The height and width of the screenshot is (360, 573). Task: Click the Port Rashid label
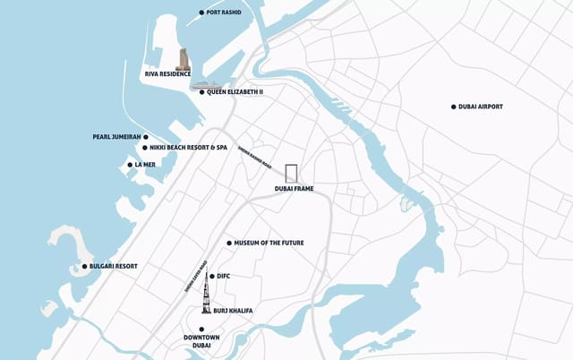226,13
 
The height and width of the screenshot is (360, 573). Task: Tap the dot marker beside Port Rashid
201,13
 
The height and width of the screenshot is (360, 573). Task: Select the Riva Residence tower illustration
184,59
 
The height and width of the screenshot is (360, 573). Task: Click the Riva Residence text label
167,74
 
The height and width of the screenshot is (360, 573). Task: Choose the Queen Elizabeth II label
235,91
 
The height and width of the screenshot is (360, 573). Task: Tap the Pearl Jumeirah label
119,137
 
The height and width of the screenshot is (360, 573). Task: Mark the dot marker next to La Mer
130,165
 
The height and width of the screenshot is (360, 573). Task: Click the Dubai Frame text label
294,189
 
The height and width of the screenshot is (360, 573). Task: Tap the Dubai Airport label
481,107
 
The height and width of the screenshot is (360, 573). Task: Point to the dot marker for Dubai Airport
454,107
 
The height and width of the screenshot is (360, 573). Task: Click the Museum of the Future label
271,243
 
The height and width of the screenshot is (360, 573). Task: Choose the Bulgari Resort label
114,266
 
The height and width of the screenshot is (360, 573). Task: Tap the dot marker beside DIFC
211,276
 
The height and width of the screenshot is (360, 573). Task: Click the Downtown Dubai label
201,341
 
